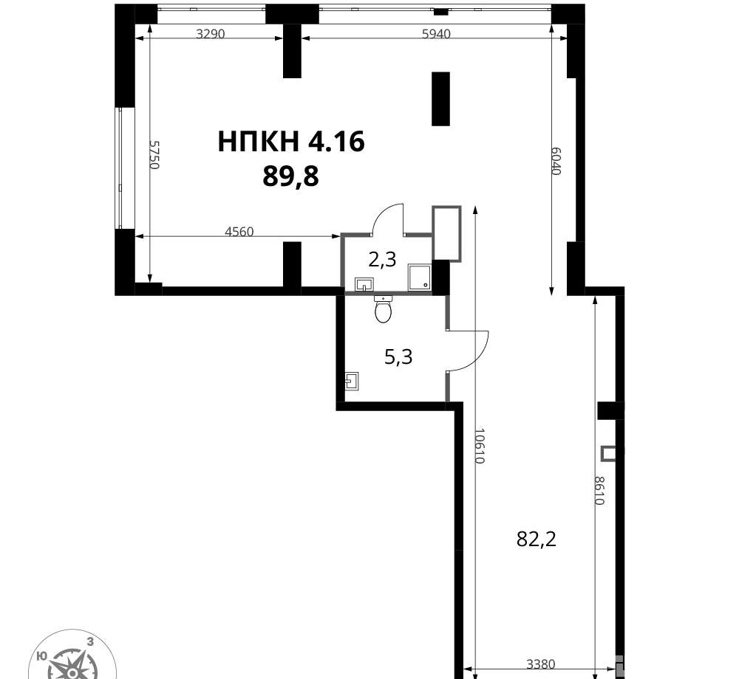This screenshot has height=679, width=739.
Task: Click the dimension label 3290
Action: pyautogui.click(x=210, y=34)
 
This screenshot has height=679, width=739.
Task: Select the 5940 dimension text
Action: pyautogui.click(x=437, y=34)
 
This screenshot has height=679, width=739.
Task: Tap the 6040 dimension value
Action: pyautogui.click(x=556, y=161)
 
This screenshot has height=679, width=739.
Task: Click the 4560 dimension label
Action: pyautogui.click(x=239, y=232)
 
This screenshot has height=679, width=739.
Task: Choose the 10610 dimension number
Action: pyautogui.click(x=480, y=446)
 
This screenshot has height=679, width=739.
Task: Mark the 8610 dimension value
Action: pyautogui.click(x=599, y=491)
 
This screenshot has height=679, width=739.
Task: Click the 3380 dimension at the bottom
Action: pyautogui.click(x=541, y=664)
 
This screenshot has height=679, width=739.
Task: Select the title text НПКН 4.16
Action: pyautogui.click(x=290, y=141)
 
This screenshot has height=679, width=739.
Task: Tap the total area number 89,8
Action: pyautogui.click(x=290, y=177)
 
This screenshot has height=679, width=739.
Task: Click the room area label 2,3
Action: pyautogui.click(x=382, y=259)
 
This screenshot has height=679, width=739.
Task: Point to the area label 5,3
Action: pyautogui.click(x=399, y=356)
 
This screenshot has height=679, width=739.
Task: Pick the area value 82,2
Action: pyautogui.click(x=537, y=539)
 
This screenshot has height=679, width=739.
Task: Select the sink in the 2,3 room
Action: pyautogui.click(x=364, y=284)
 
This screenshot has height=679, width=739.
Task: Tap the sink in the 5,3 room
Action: pyautogui.click(x=352, y=381)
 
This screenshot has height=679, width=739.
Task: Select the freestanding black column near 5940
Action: pyautogui.click(x=440, y=99)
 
